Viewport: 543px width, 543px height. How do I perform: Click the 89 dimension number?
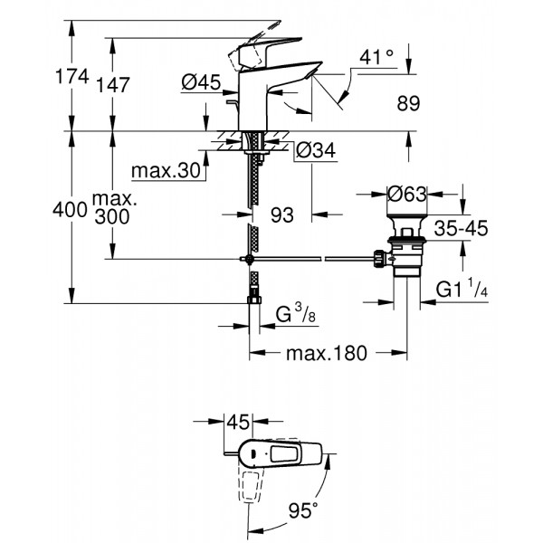tap(408, 104)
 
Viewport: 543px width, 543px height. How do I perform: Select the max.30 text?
tap(164, 171)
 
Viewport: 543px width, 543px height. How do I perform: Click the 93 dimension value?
tap(283, 215)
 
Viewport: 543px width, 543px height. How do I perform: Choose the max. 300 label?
tap(113, 209)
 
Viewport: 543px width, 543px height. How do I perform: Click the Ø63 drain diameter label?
tap(408, 193)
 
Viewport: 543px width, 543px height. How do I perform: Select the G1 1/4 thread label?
tap(462, 289)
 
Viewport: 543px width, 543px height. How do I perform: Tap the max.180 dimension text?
tap(329, 353)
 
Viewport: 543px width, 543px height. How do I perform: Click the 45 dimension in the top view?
tap(236, 421)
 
